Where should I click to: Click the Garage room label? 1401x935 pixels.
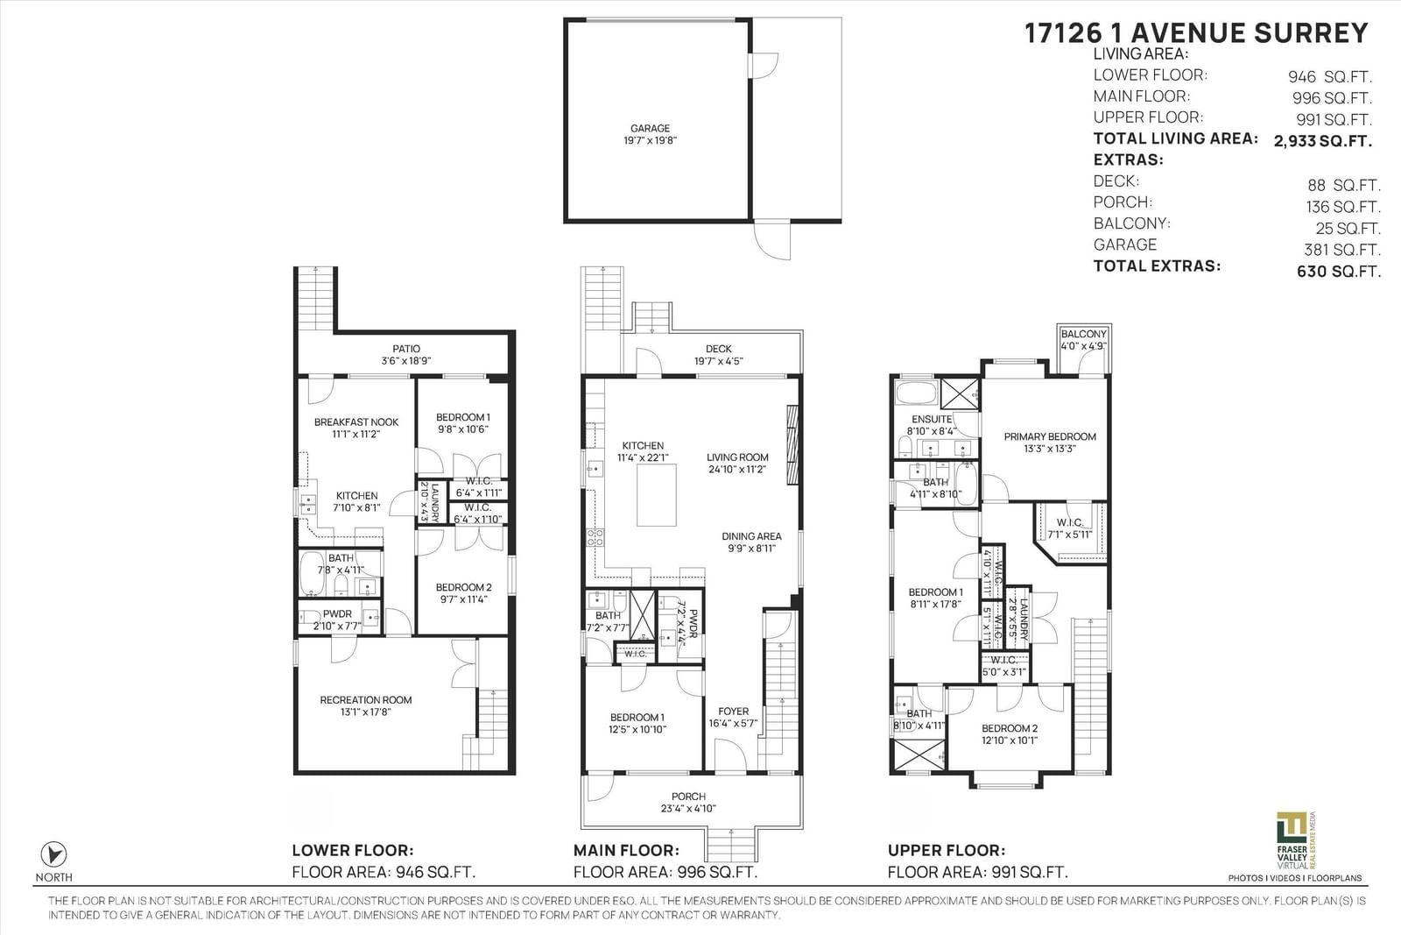coord(650,128)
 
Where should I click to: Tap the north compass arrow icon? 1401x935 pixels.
coord(53,854)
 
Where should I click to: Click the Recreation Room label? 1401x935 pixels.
coord(366,699)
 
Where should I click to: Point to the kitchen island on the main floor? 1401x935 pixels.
coord(656,495)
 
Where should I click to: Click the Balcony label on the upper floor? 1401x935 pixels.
coord(1084,334)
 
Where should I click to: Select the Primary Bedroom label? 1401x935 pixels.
coord(1050,437)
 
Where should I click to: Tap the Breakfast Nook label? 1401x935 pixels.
coord(356,421)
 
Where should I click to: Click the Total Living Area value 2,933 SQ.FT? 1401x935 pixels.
coord(1323,141)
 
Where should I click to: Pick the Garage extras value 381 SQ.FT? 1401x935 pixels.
coord(1342,250)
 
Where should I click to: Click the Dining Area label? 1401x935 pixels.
coord(751,536)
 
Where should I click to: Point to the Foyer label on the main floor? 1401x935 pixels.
coord(733,712)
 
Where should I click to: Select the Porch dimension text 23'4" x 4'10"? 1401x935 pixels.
coord(688,809)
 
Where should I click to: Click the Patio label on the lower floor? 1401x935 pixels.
coord(406,349)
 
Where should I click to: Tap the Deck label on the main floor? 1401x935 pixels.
coord(719,349)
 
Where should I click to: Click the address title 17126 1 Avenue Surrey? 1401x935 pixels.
coord(1196,33)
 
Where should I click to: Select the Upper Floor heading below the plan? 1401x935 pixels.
coord(947,851)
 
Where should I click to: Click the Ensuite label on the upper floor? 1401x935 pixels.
coord(932,420)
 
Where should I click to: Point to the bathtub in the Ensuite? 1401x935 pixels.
coord(916,393)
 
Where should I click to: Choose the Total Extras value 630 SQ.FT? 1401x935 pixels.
coord(1339,272)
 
